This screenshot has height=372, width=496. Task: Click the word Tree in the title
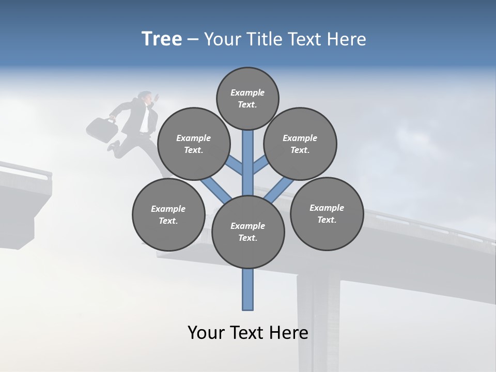[x=162, y=39]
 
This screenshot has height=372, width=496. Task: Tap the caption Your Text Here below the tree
[x=248, y=333]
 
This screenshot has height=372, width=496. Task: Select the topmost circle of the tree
[x=247, y=98]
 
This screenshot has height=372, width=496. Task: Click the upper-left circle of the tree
[x=193, y=144]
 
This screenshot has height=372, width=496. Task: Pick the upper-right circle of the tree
[x=300, y=144]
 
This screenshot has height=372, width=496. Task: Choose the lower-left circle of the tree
[x=168, y=214]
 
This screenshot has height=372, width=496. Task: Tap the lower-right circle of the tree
[x=327, y=213]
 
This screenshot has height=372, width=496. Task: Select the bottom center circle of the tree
[x=248, y=232]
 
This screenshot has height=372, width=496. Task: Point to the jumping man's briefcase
[x=102, y=129]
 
